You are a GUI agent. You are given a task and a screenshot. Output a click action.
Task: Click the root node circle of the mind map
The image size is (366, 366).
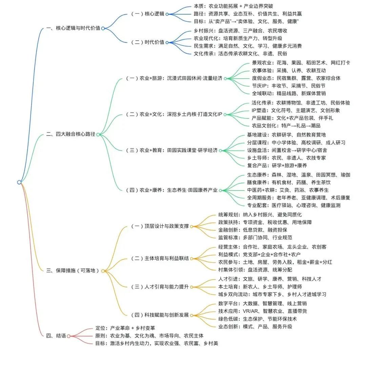click(x=19, y=182)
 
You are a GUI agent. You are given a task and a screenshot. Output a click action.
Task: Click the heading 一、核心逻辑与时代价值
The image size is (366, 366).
click(x=73, y=28)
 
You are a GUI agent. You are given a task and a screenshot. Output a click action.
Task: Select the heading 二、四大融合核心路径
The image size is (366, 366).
click(x=70, y=134)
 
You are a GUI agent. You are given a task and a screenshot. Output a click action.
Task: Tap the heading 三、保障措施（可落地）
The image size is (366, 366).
click(x=73, y=270)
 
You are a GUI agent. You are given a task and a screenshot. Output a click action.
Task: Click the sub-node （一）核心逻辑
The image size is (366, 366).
click(x=148, y=14)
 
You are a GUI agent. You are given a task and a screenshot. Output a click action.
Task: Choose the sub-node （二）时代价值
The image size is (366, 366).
click(x=148, y=42)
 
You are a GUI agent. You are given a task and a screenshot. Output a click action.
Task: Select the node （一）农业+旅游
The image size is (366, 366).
click(x=174, y=78)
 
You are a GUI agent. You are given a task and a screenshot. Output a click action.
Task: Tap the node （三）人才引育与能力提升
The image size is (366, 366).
click(x=160, y=287)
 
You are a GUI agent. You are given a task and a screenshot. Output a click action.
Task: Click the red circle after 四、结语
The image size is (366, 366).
click(x=68, y=336)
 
